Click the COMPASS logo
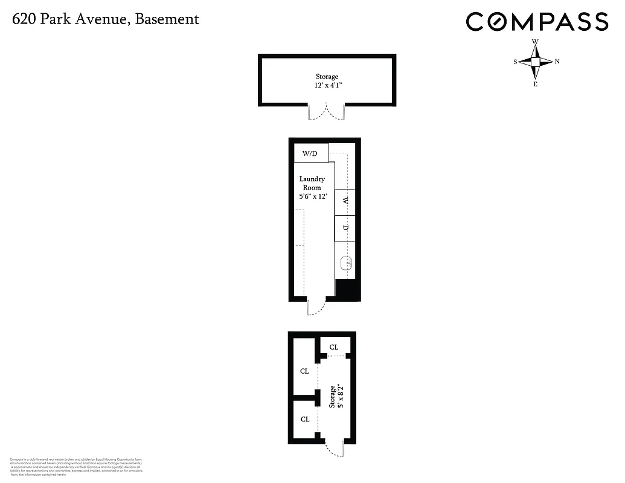click(x=536, y=22)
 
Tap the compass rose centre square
click(x=535, y=62)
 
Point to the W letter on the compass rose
click(x=535, y=42)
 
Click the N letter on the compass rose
click(x=557, y=62)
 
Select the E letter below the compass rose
click(x=535, y=84)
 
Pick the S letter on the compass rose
click(x=515, y=62)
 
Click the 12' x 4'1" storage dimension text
click(x=327, y=86)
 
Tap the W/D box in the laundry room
click(x=310, y=153)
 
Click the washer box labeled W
click(x=345, y=202)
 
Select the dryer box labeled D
click(x=345, y=228)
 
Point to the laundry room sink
click(x=346, y=263)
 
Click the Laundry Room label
click(x=312, y=184)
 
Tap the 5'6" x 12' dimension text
click(x=313, y=197)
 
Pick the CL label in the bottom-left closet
click(x=304, y=419)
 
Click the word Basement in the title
click(x=167, y=19)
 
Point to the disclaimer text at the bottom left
click(x=76, y=467)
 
